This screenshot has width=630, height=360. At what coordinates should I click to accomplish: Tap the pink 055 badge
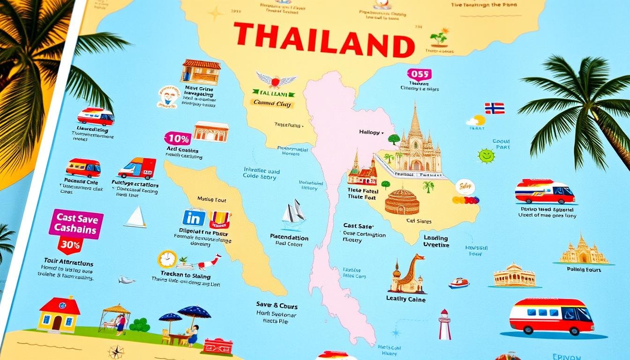tap(419, 74)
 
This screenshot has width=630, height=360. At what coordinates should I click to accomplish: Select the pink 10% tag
tap(178, 138)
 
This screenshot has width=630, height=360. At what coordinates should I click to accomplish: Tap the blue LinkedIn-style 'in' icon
tap(194, 218)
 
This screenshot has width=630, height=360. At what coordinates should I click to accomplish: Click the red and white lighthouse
tap(444, 325)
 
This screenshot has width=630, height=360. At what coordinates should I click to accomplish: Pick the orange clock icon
tap(167, 259)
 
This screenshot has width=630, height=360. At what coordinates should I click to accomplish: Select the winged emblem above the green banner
tap(276, 80)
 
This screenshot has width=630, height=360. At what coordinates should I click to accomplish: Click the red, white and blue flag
tap(495, 108)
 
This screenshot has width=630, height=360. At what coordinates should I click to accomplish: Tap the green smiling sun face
tap(486, 155)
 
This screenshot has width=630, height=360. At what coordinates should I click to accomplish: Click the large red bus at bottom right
tap(551, 315)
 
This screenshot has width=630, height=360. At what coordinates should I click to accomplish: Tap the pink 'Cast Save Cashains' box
tap(76, 224)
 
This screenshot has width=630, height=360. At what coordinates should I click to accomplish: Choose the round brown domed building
tap(402, 202)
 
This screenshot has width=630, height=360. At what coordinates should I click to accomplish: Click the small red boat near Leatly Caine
tap(458, 283)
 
